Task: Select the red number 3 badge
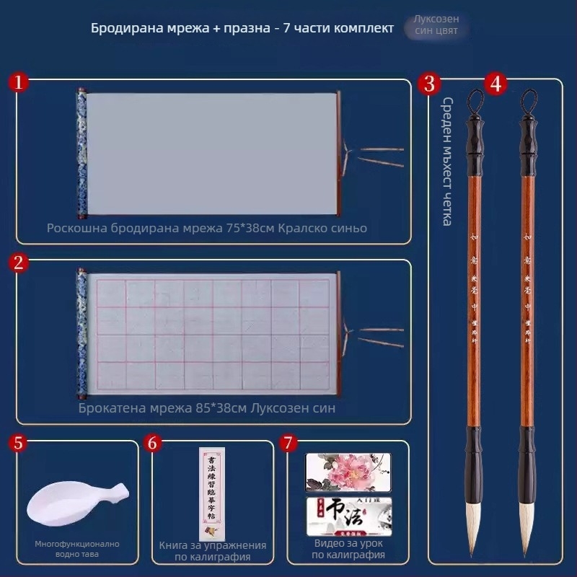click(430, 84)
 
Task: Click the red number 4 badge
click(494, 84)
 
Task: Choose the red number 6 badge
click(152, 442)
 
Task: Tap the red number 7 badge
click(288, 442)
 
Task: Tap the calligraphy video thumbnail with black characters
click(348, 514)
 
